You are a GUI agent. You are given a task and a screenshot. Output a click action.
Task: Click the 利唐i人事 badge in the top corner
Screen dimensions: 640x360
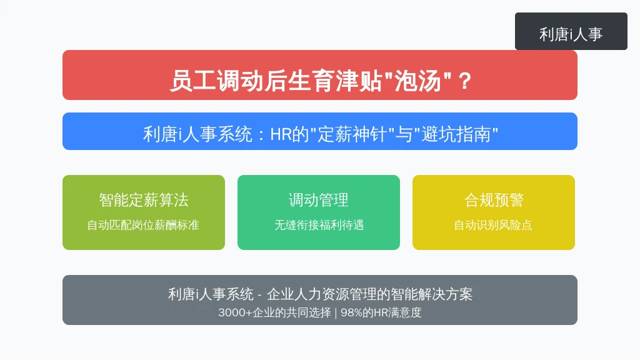point(571,31)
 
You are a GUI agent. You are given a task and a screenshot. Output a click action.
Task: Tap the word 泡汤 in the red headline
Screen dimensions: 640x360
point(417,81)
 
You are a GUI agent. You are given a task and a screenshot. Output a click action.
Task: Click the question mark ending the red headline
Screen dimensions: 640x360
point(465,81)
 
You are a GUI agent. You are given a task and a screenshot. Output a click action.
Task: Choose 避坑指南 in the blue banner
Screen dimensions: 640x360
point(456,134)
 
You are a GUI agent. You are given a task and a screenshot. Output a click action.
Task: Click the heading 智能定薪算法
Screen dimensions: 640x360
point(144,200)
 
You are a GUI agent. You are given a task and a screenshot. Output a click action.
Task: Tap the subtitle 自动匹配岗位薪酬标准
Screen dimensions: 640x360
point(143,225)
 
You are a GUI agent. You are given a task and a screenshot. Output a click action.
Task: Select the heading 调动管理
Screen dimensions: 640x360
point(318,200)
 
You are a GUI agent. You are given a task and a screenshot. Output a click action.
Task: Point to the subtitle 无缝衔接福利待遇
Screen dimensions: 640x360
point(319,225)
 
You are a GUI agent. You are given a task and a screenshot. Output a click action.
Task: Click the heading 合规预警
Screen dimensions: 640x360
point(494,200)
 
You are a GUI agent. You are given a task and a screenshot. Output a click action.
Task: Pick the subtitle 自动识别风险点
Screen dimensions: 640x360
point(493,225)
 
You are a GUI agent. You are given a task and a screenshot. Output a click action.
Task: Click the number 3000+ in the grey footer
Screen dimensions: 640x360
point(235,312)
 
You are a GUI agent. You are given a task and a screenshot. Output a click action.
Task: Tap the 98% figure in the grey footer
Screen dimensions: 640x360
point(351,312)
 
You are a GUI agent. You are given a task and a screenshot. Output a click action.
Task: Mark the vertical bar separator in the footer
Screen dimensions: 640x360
point(336,312)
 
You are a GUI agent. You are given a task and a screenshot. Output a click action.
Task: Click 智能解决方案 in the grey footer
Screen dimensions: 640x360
point(431,294)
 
